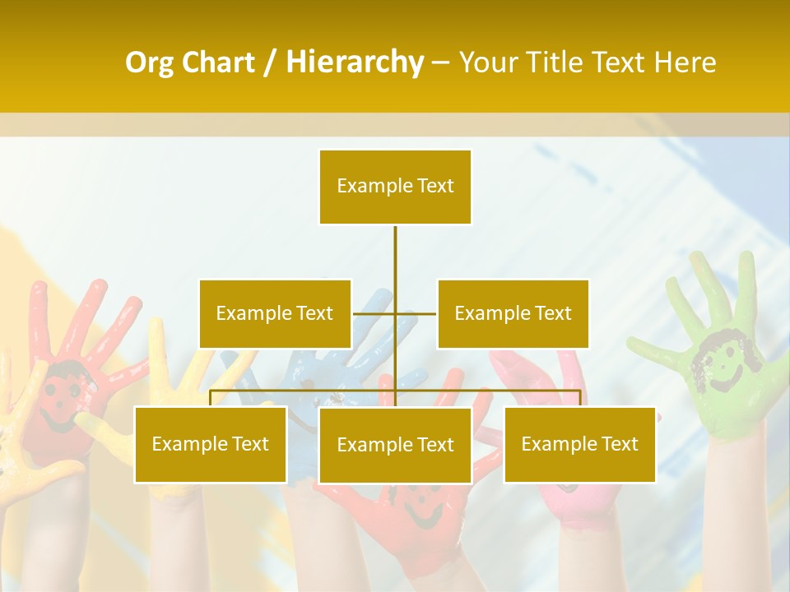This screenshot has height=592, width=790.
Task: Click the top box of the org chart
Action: coord(395,187)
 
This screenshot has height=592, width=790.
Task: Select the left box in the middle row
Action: coord(275,313)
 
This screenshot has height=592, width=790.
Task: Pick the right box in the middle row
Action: coord(513,313)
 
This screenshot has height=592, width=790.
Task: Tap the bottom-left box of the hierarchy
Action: coord(210,444)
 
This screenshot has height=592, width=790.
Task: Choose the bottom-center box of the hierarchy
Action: coord(395,445)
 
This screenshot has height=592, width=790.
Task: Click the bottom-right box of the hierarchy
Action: coord(579,444)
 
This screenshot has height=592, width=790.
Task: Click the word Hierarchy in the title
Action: coord(355,62)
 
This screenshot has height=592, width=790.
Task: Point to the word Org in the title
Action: coord(151,62)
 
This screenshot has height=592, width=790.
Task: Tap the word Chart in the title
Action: coord(219,62)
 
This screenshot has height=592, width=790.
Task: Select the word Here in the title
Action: coord(685,62)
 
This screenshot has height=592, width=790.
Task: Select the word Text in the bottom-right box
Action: coord(619,444)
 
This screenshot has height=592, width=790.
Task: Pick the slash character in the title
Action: coord(270,62)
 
